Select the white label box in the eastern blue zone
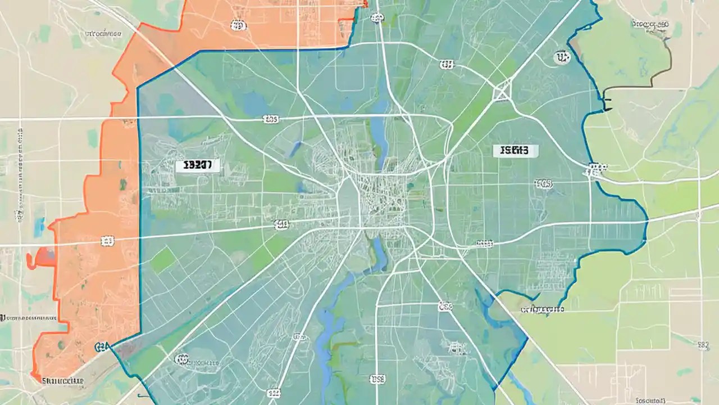(515, 151)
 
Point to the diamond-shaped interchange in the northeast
(502, 92)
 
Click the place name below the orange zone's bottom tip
(62, 381)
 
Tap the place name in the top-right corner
(650, 25)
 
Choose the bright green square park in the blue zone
(163, 259)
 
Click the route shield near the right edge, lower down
(702, 344)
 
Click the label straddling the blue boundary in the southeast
(543, 309)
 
